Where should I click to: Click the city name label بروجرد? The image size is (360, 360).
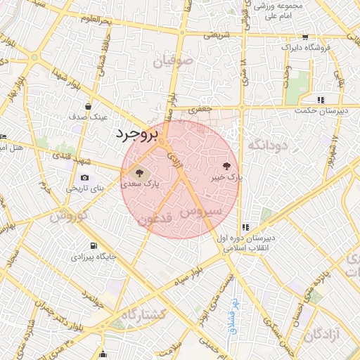pos(138,134)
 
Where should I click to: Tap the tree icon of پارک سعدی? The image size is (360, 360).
pos(136,172)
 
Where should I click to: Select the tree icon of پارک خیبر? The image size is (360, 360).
pos(226,167)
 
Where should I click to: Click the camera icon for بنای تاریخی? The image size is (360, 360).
pos(85,177)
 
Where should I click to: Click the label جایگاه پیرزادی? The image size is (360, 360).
pos(86,257)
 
